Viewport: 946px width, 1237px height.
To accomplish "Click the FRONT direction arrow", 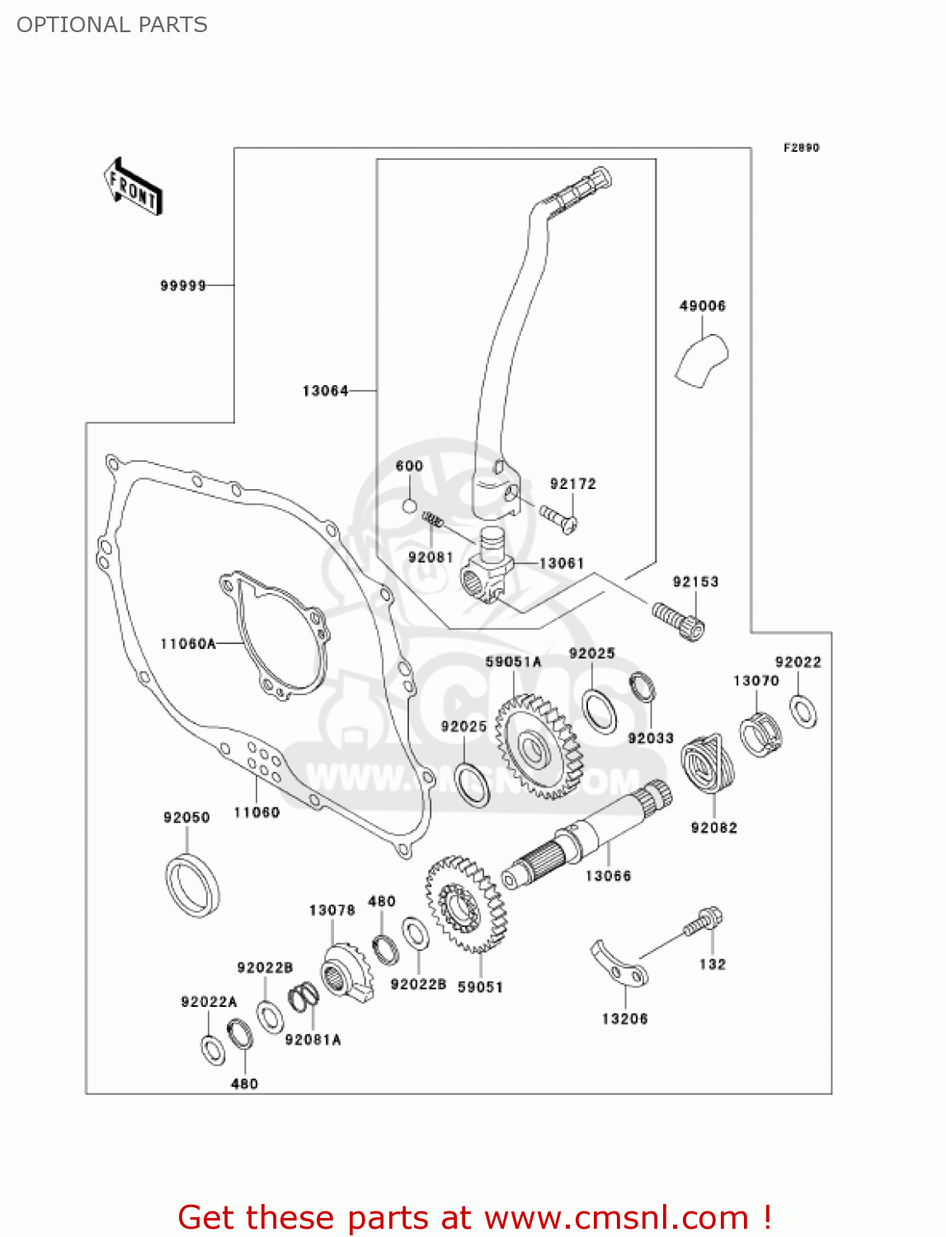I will (x=133, y=187).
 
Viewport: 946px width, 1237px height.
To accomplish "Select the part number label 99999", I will (x=182, y=285).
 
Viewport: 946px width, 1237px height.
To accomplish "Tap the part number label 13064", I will (x=325, y=391).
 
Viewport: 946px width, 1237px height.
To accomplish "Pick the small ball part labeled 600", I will (x=409, y=504).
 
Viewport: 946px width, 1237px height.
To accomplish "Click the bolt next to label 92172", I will (x=558, y=517).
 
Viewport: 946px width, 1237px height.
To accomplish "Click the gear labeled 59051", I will (x=466, y=903).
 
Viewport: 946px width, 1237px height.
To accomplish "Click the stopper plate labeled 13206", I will (x=619, y=966).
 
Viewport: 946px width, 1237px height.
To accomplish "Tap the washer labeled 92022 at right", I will (x=802, y=711).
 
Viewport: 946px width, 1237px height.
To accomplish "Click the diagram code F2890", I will (x=801, y=148).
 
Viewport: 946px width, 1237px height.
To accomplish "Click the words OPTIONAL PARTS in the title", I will (x=112, y=25).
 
